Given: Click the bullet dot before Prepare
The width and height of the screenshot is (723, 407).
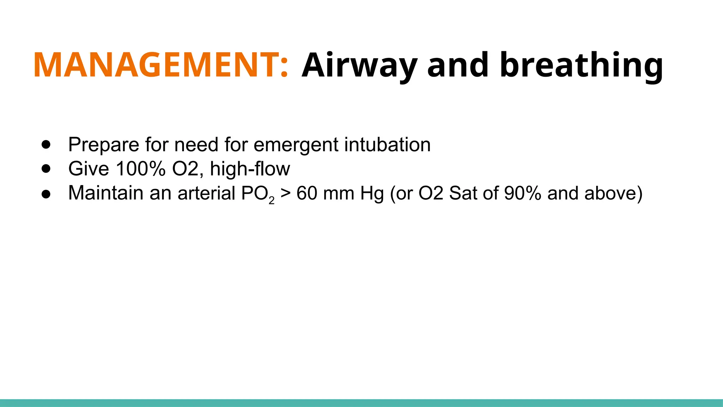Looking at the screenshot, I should [x=46, y=144].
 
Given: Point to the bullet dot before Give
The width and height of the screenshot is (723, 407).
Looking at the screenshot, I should [x=46, y=169].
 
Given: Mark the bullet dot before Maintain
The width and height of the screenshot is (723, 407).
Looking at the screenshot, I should [x=46, y=193].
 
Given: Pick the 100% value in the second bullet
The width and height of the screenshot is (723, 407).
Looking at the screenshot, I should [x=141, y=169].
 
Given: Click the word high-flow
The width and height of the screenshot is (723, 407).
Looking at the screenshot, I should [x=250, y=169].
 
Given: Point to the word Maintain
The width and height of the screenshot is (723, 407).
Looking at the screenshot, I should [x=106, y=193].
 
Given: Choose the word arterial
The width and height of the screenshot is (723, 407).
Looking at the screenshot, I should [x=207, y=193].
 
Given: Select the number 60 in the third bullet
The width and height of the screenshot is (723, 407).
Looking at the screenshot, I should [x=306, y=193].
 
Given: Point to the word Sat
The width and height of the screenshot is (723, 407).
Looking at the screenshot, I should [x=463, y=193].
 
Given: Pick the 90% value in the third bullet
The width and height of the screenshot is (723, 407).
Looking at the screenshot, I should [x=522, y=193].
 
